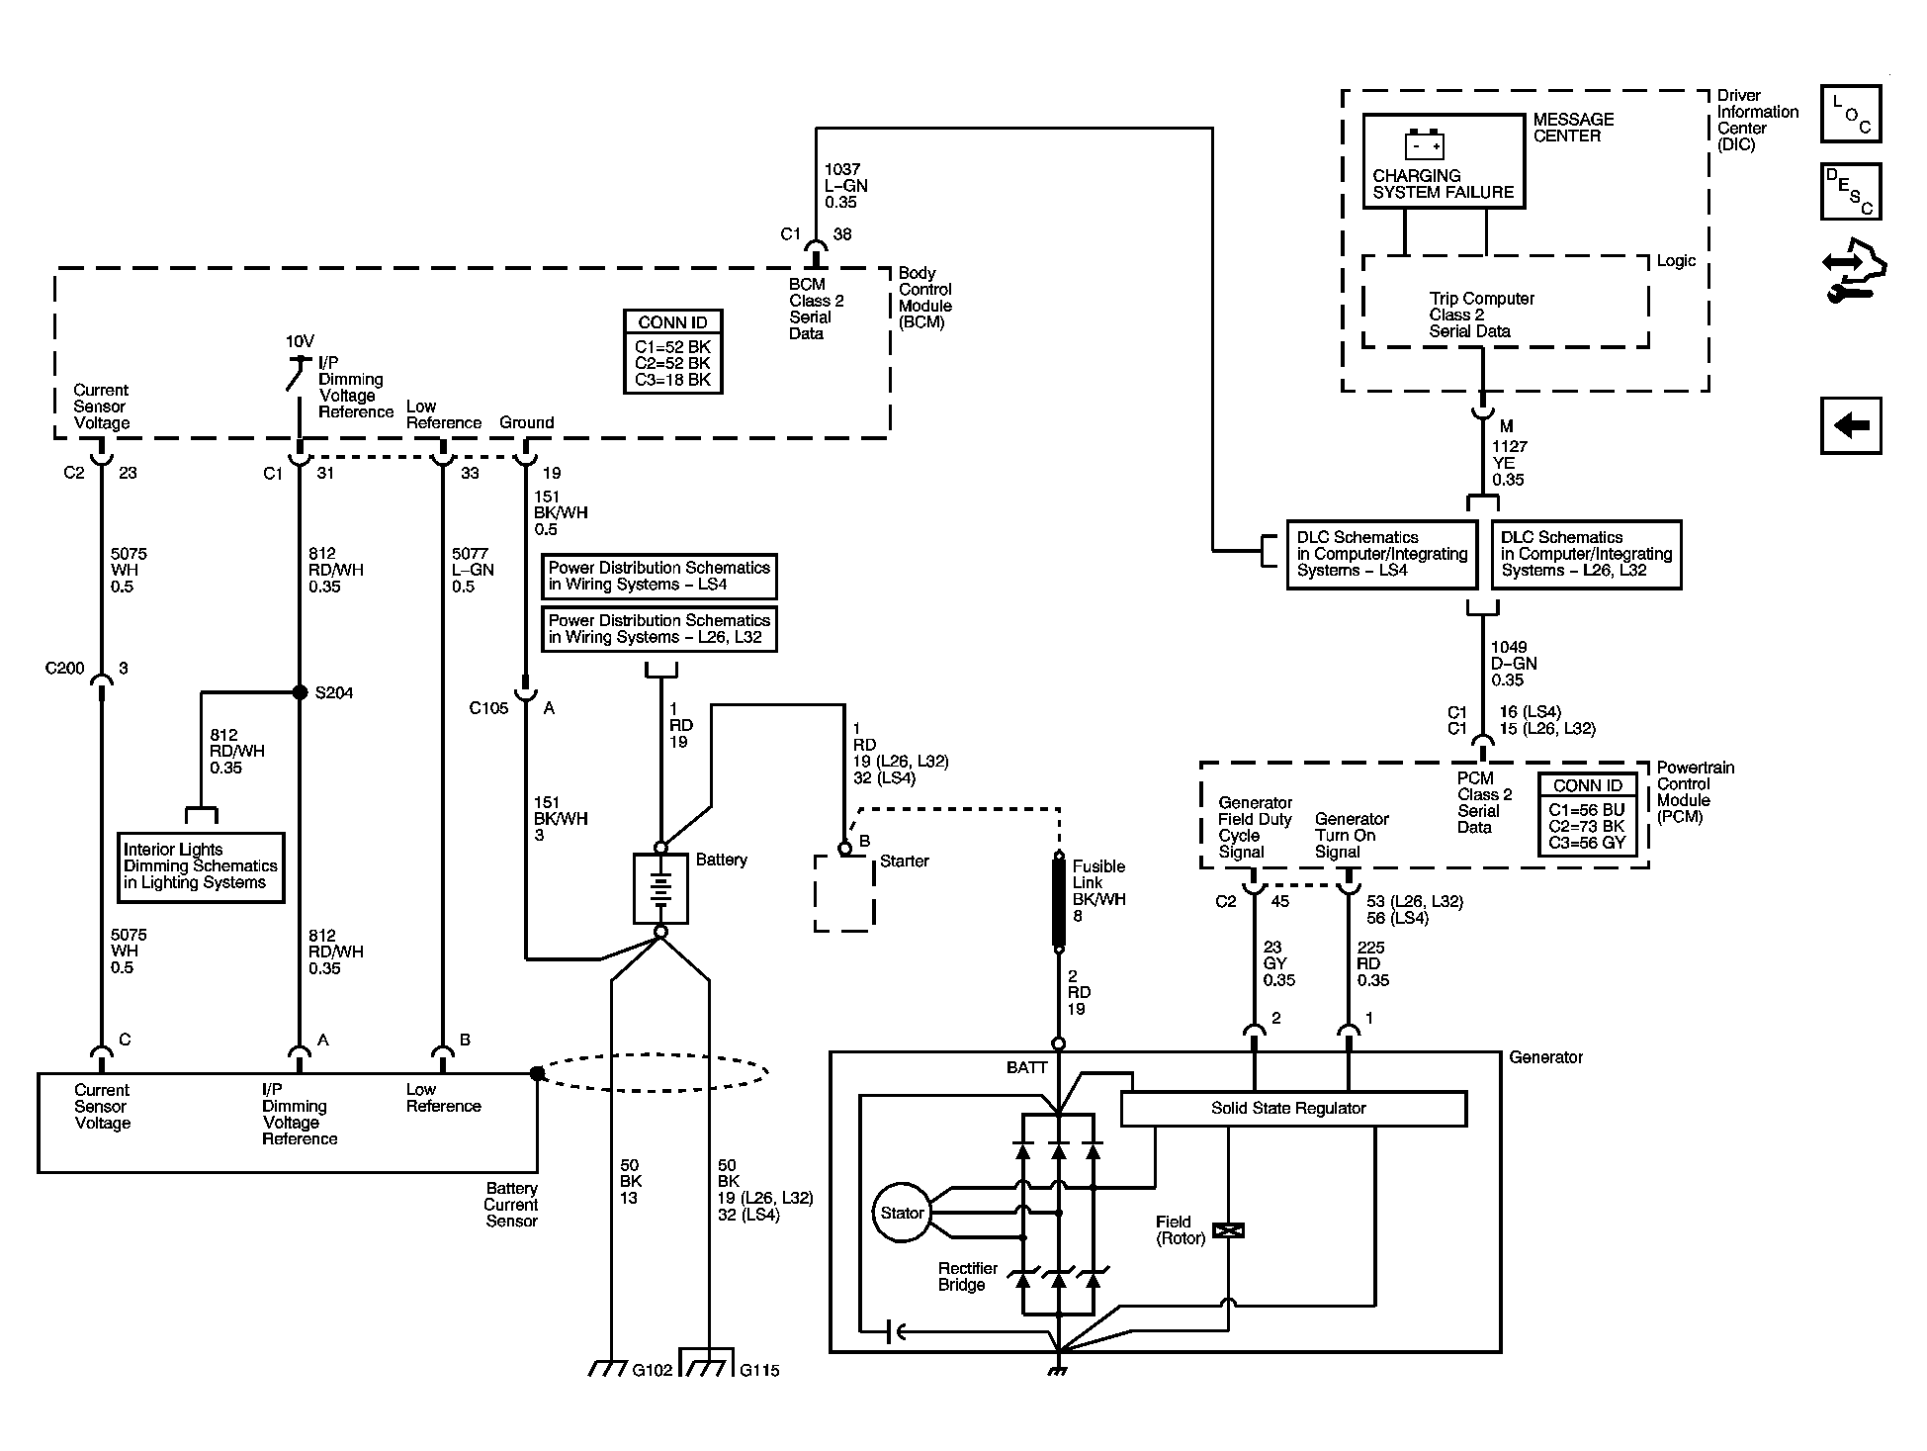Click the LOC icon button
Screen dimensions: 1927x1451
(x=1851, y=114)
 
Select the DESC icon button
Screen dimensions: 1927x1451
(x=1851, y=191)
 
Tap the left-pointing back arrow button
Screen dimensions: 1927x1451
(x=1851, y=426)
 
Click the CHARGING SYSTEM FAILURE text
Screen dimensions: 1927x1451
(x=1443, y=184)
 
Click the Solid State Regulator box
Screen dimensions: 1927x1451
(x=1293, y=1108)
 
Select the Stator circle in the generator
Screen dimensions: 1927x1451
(x=901, y=1213)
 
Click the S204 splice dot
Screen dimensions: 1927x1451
(x=300, y=692)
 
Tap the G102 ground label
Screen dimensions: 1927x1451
(x=653, y=1370)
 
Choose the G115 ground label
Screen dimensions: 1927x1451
(x=759, y=1370)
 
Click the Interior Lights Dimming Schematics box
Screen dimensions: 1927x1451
(x=201, y=866)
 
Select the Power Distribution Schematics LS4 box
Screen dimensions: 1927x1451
(x=659, y=576)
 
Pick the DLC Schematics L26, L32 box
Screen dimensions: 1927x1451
(x=1586, y=554)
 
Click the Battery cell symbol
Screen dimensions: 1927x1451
(x=660, y=888)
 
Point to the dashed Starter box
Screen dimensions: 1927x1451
(x=844, y=893)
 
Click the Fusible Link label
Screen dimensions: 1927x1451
(x=1098, y=874)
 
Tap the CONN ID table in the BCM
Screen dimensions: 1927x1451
(x=672, y=352)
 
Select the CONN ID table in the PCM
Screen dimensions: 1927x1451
(x=1587, y=815)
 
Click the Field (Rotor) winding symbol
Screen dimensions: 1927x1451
(x=1228, y=1230)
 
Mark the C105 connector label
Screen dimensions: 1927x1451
(x=488, y=708)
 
